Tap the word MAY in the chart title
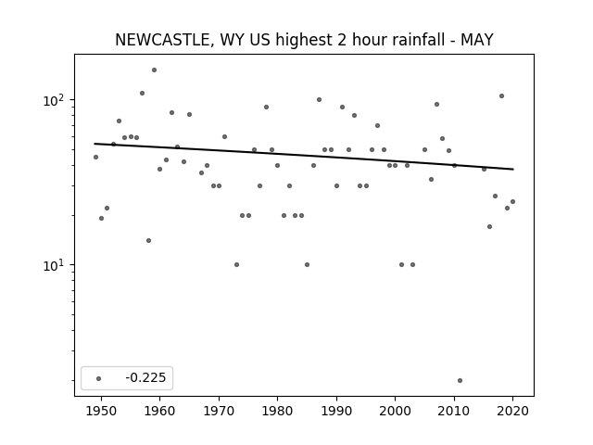[x=476, y=40]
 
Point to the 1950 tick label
[x=101, y=411]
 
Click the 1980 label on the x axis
[x=277, y=411]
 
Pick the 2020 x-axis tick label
[x=512, y=411]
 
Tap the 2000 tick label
[x=396, y=411]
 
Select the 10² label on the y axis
[x=54, y=101]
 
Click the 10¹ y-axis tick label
[x=54, y=266]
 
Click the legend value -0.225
[x=145, y=377]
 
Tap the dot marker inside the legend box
[x=99, y=378]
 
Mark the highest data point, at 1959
[x=155, y=70]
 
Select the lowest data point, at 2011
[x=460, y=381]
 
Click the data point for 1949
[x=95, y=157]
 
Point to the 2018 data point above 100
[x=502, y=96]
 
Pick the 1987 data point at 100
[x=319, y=100]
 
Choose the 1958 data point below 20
[x=148, y=241]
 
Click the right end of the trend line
[x=513, y=169]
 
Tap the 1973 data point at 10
[x=237, y=265]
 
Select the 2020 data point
[x=512, y=202]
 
